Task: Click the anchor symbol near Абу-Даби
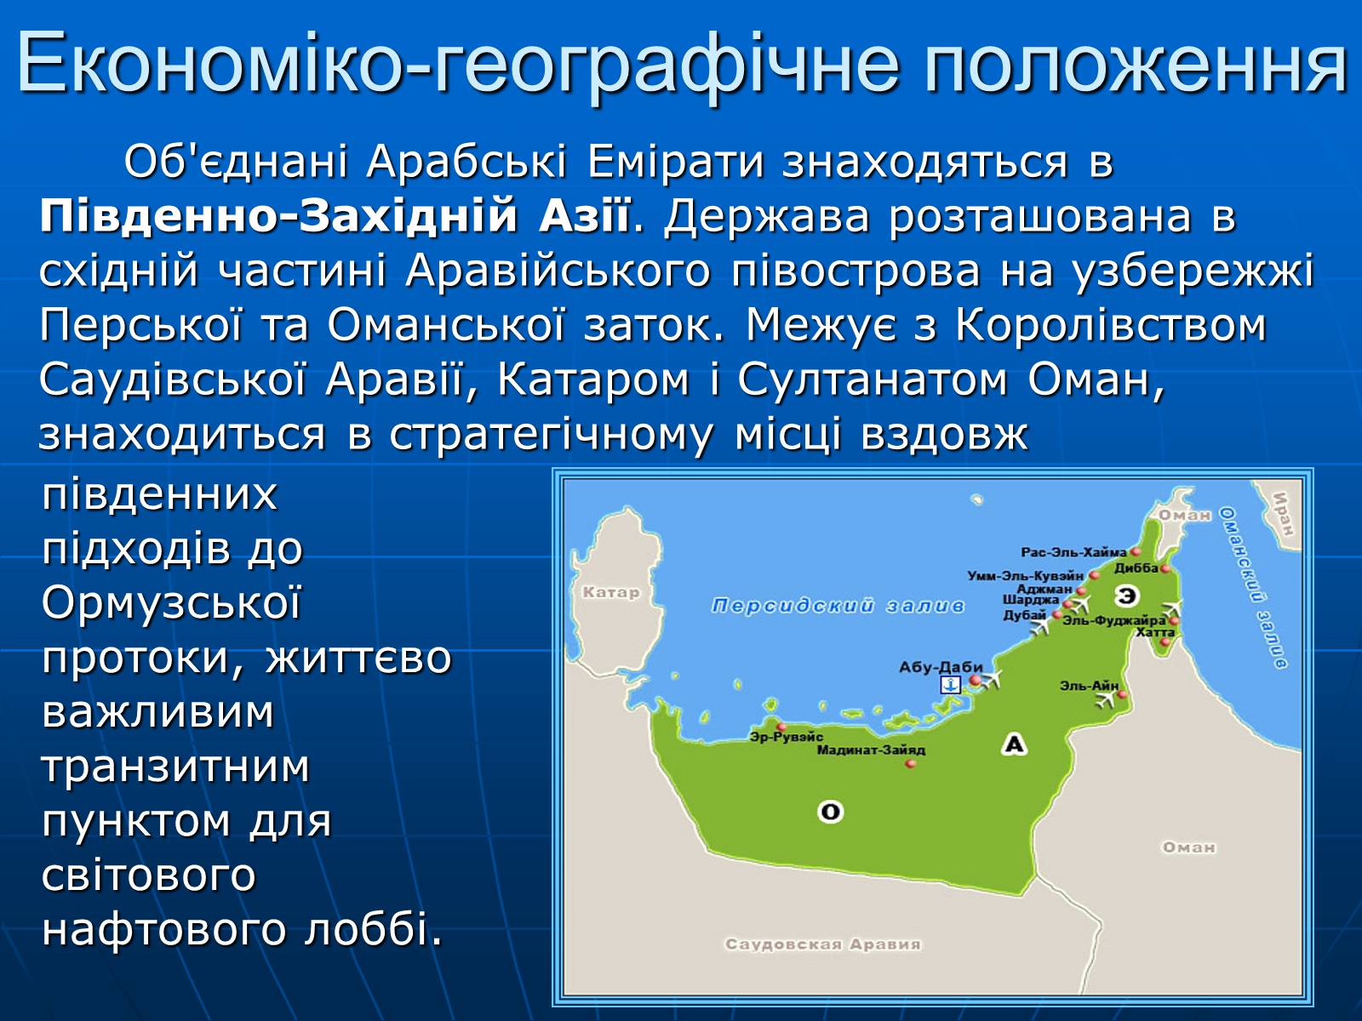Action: (x=951, y=684)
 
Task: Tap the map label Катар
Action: (x=611, y=592)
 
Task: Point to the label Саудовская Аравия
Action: (x=823, y=944)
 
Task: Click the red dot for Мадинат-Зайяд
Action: (x=911, y=763)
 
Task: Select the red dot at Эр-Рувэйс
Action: (x=781, y=727)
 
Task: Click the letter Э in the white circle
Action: (x=1126, y=596)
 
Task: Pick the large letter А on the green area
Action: (x=1014, y=744)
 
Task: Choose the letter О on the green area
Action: (x=830, y=811)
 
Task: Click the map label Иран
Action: (x=1283, y=514)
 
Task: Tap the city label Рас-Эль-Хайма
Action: (x=1074, y=551)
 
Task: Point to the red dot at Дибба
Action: (x=1165, y=568)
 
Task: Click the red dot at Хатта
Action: (x=1165, y=642)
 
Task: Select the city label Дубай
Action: (x=1025, y=615)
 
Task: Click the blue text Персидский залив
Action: (x=838, y=606)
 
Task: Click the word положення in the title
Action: (x=1136, y=64)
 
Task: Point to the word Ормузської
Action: (x=171, y=602)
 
